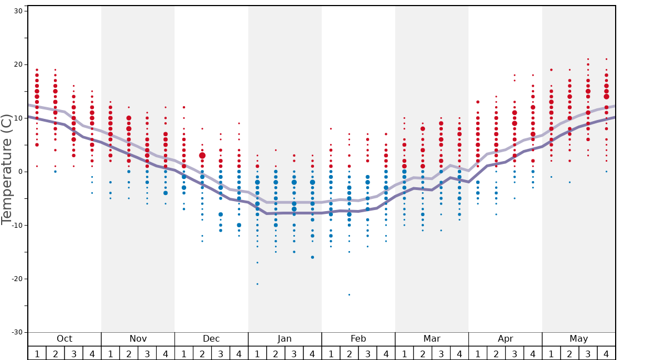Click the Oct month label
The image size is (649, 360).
[64, 339]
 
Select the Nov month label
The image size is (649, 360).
[138, 339]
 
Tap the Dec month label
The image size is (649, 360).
[211, 339]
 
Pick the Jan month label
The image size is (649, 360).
[284, 339]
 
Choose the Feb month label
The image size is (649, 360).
[358, 339]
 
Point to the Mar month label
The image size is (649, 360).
[432, 339]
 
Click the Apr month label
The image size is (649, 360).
[505, 339]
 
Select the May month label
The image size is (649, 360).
[578, 339]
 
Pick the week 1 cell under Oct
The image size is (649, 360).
[37, 353]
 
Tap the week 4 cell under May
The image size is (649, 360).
[606, 353]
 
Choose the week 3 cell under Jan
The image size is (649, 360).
[294, 353]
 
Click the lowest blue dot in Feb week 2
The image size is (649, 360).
[349, 294]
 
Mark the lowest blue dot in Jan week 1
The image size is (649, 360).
[257, 284]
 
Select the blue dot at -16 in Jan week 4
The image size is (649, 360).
[312, 257]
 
